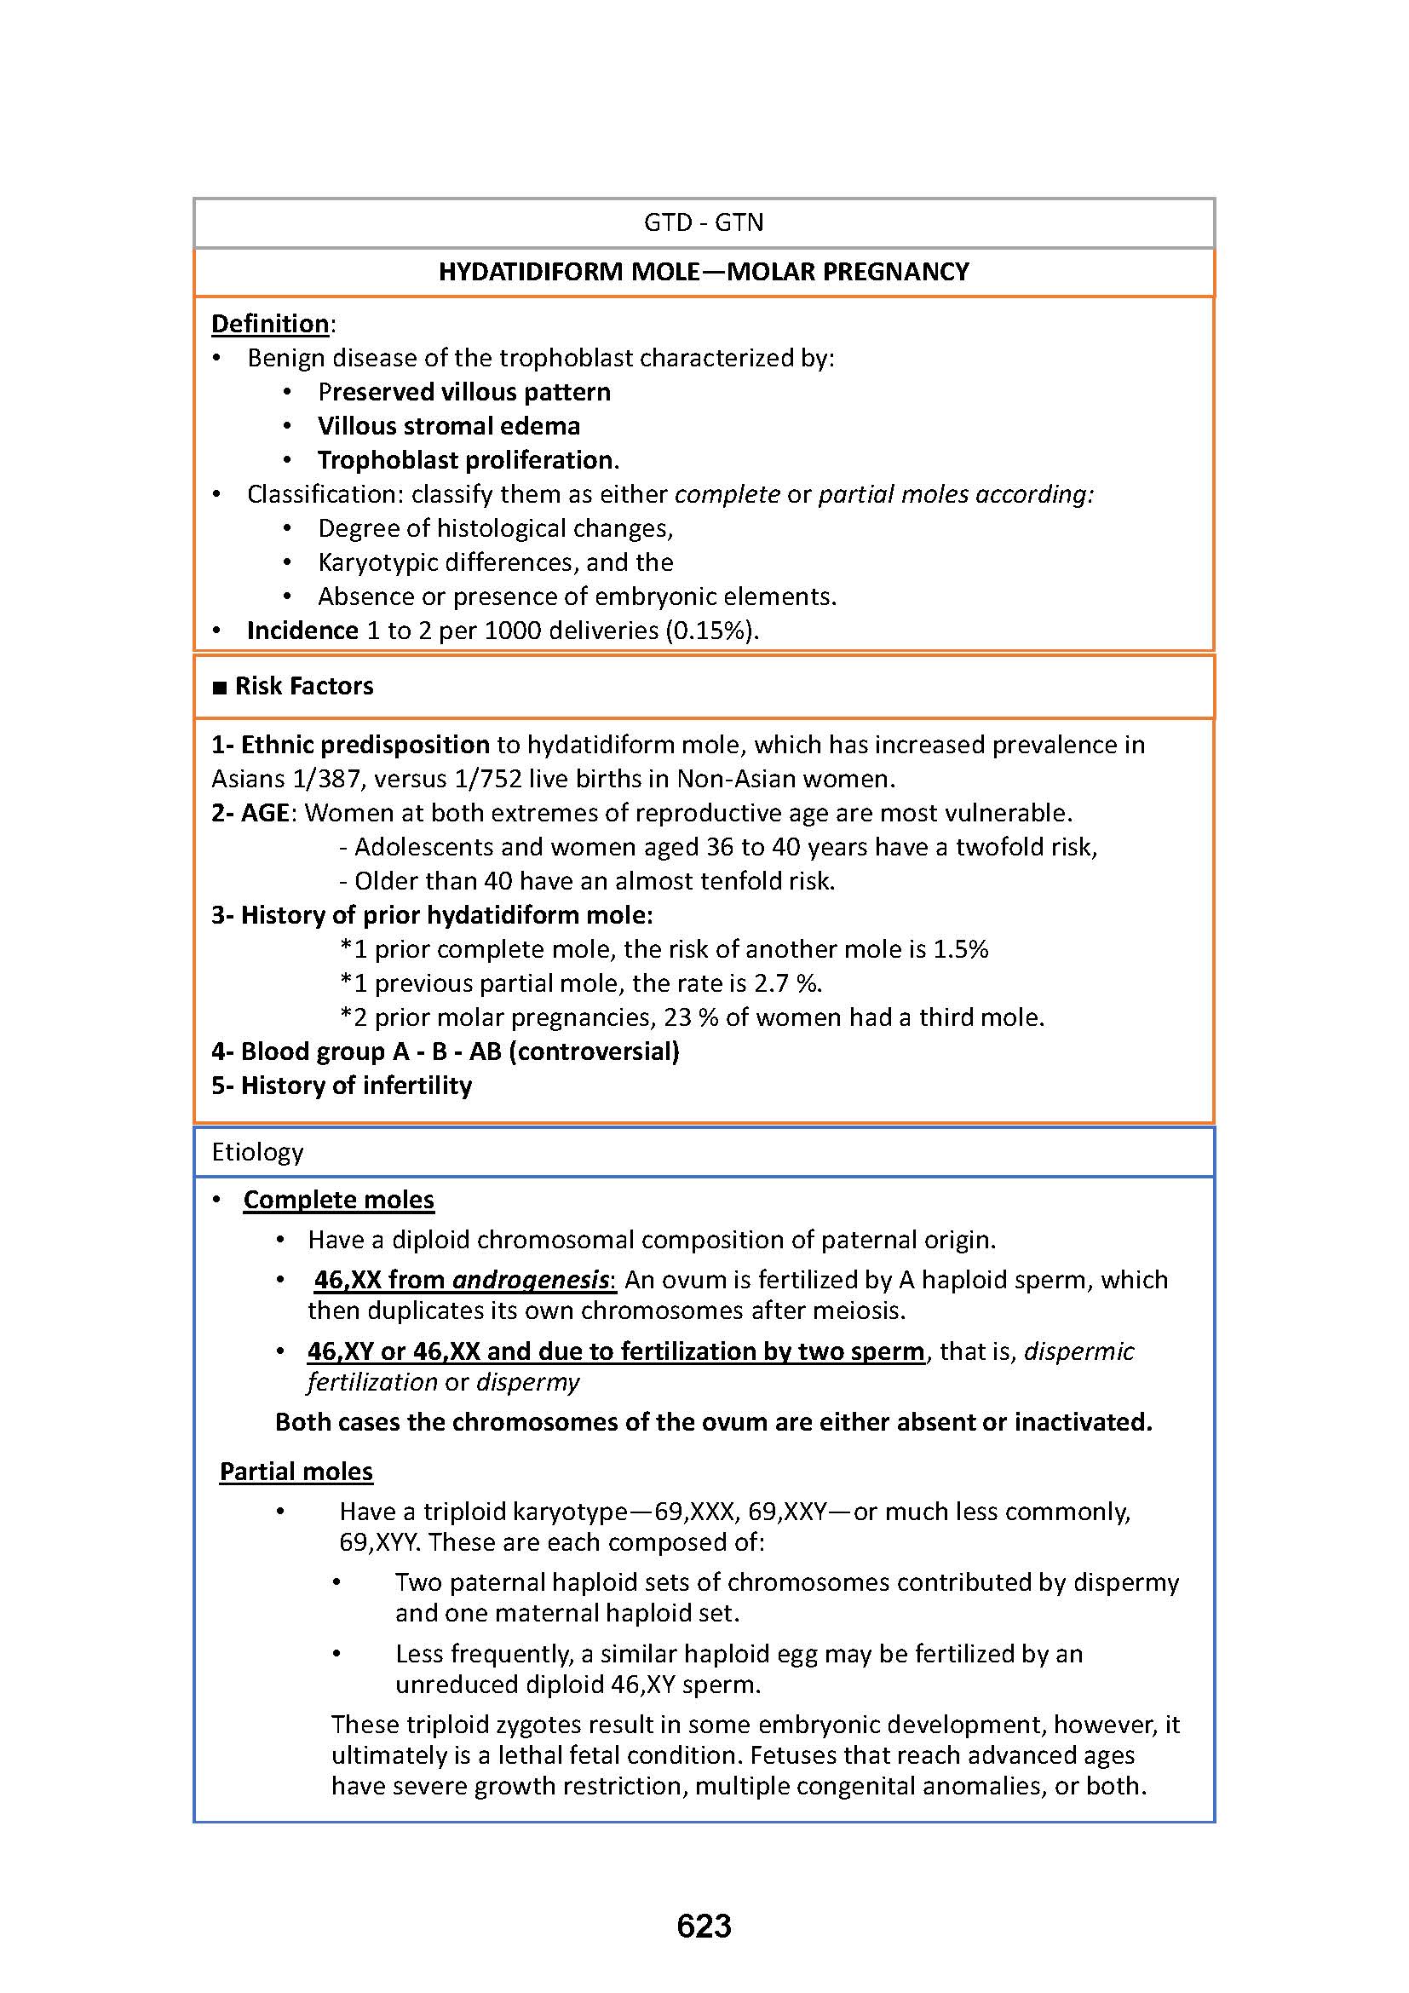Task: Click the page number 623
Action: pyautogui.click(x=704, y=1927)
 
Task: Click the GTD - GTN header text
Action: pyautogui.click(x=704, y=223)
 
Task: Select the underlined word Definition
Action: pyautogui.click(x=270, y=324)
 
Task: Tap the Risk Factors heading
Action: pyautogui.click(x=303, y=686)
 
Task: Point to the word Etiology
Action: pyautogui.click(x=257, y=1152)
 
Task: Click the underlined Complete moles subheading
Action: pyautogui.click(x=338, y=1200)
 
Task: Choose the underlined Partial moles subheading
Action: pyautogui.click(x=296, y=1472)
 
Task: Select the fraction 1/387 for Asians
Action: pyautogui.click(x=330, y=779)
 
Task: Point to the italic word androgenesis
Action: pyautogui.click(x=530, y=1280)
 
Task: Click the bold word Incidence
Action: pyautogui.click(x=302, y=631)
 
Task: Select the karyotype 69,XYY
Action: pyautogui.click(x=378, y=1541)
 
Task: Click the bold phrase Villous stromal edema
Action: pyautogui.click(x=449, y=426)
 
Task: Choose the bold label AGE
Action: pyautogui.click(x=265, y=813)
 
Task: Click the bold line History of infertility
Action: pyautogui.click(x=356, y=1085)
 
